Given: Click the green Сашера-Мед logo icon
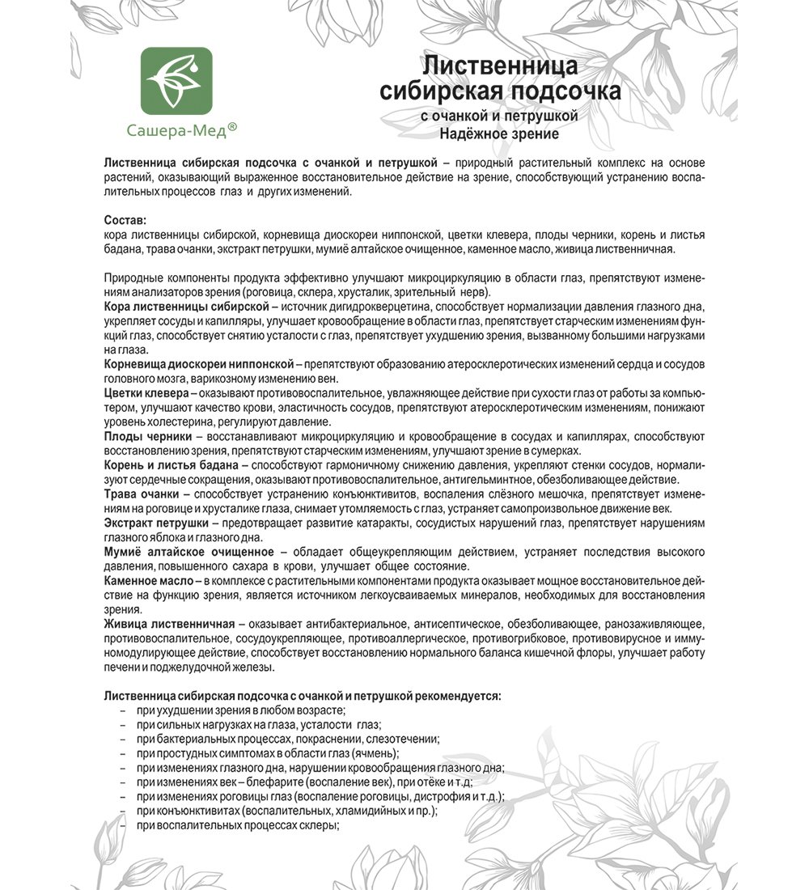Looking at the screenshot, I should (176, 79).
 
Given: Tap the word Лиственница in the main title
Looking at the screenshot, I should (501, 65).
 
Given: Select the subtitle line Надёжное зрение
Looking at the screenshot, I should (493, 134).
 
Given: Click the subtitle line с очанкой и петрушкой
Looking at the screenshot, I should (499, 117).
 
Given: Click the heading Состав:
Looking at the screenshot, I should (126, 220).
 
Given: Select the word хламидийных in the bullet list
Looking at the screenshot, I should (362, 811).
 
